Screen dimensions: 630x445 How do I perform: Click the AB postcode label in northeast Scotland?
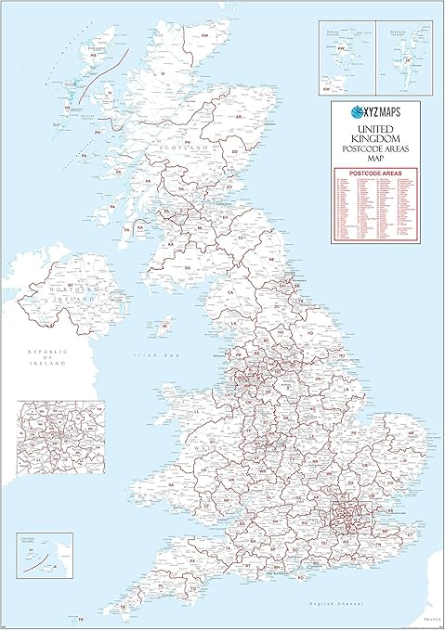point(239,118)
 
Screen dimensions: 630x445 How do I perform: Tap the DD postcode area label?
point(236,151)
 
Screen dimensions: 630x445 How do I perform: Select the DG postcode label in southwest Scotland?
point(188,267)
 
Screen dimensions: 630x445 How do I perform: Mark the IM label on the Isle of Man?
point(167,327)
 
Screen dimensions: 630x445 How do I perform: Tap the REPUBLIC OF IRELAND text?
point(48,358)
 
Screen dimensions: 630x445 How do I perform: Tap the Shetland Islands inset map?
point(403,57)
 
